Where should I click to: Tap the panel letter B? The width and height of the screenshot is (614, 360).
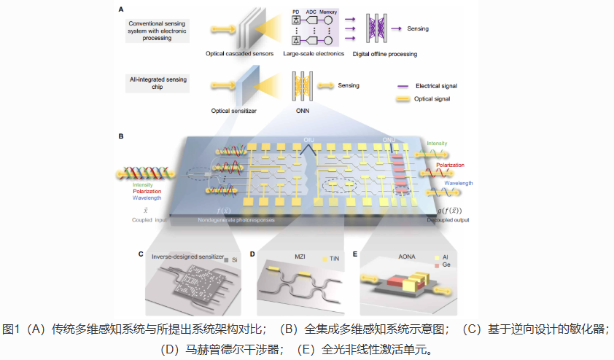click(x=120, y=136)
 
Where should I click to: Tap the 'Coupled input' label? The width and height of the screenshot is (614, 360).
click(x=151, y=219)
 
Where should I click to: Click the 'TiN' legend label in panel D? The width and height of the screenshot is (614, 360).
click(x=335, y=259)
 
